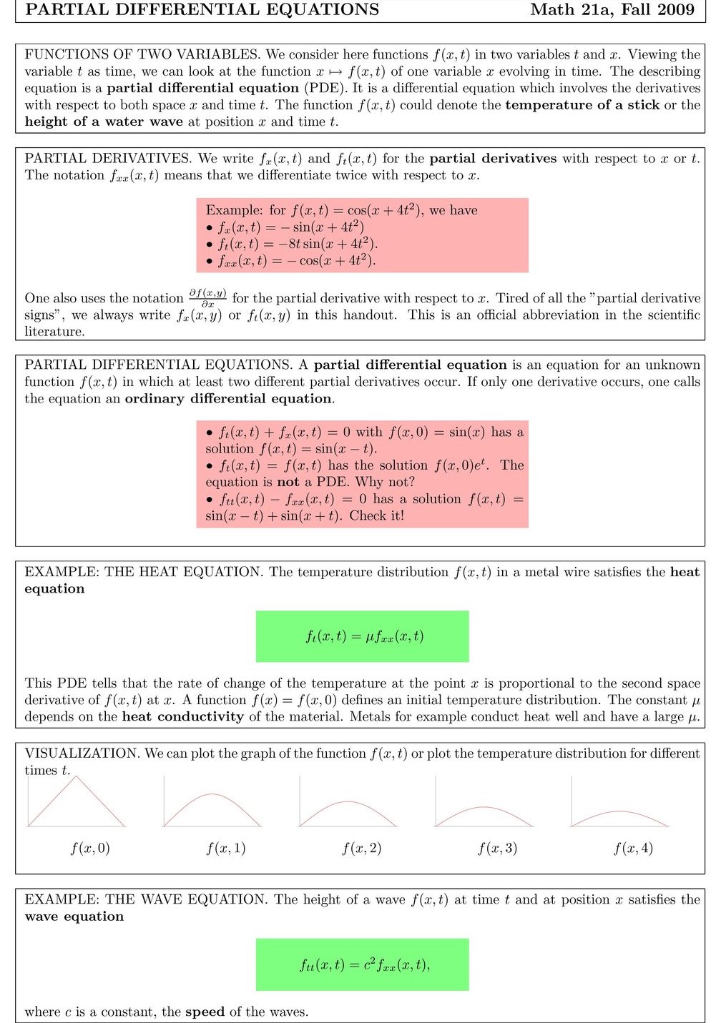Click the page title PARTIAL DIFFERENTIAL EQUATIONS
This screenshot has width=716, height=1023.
tap(202, 10)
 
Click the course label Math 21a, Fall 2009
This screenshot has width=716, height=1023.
tap(612, 10)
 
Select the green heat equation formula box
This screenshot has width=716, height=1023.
tap(362, 636)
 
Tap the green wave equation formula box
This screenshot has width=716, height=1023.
tap(362, 964)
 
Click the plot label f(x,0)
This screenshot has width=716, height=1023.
tap(90, 849)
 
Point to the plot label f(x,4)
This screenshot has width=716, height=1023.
tap(633, 849)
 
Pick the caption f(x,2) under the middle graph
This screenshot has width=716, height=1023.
tap(362, 849)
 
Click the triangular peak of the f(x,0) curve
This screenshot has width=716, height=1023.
tap(77, 778)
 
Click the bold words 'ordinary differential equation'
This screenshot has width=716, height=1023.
tap(229, 399)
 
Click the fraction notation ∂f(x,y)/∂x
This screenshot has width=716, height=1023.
tap(207, 298)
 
